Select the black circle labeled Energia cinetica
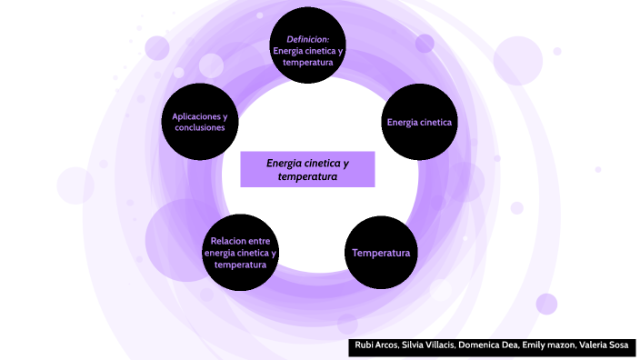tap(419, 122)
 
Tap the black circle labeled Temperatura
tap(381, 253)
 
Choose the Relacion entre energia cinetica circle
tap(240, 253)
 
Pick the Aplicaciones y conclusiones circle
tap(199, 122)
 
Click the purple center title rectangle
tap(307, 169)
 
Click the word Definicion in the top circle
tap(307, 39)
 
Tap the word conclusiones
tap(199, 128)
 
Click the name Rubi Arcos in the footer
tap(375, 347)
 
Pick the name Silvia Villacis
tap(428, 347)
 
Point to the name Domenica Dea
tap(489, 347)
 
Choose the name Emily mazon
tap(549, 347)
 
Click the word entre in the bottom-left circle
tap(259, 241)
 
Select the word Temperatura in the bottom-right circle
tap(381, 253)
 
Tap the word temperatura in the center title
tap(307, 176)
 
